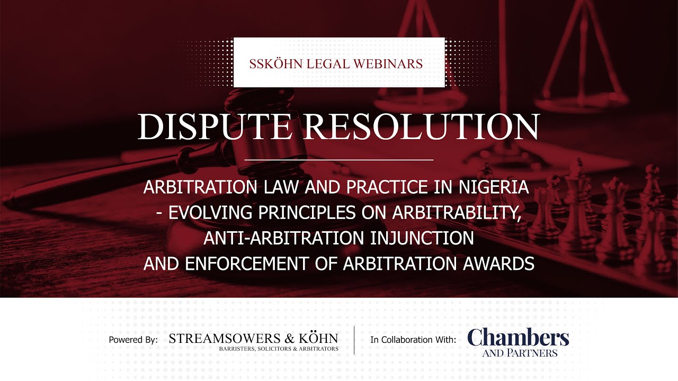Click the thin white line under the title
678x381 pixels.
[x=339, y=159]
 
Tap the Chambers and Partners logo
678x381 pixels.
[x=518, y=341]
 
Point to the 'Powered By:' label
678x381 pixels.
[x=133, y=340]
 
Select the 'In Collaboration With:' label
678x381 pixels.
[x=413, y=340]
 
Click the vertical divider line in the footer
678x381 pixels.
[x=354, y=340]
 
